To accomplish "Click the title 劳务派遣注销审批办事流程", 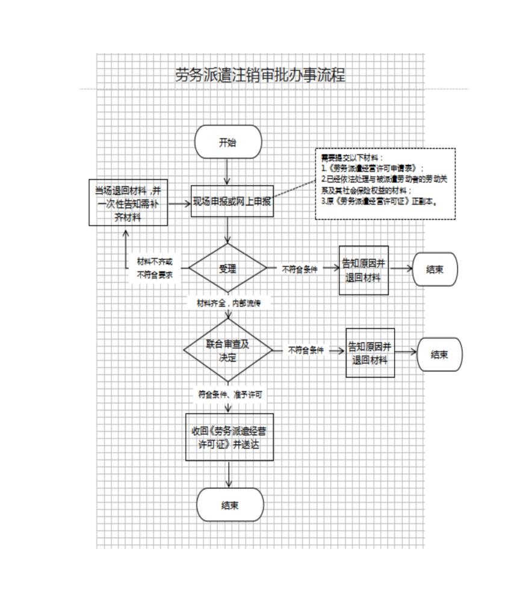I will coord(260,75).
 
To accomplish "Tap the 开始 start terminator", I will coord(227,143).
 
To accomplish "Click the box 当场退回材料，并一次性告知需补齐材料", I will coord(128,203).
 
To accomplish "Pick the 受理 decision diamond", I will coord(227,268).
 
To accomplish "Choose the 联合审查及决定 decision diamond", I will coord(227,350).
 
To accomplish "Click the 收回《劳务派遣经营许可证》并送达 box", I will coord(229,437).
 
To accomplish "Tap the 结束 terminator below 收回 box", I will coord(230,504).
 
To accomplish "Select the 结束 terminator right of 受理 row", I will coord(435,269).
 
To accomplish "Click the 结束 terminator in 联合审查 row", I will coord(439,354).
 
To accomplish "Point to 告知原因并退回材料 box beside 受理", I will coord(364,270).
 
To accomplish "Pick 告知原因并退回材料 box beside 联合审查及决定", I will coord(370,353).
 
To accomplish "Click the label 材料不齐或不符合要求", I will coord(155,268).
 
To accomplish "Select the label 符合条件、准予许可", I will coord(230,395).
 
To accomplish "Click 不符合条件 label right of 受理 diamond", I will coord(300,270).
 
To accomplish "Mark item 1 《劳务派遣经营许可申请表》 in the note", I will coord(373,168).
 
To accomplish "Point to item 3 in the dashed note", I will coord(379,201).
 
